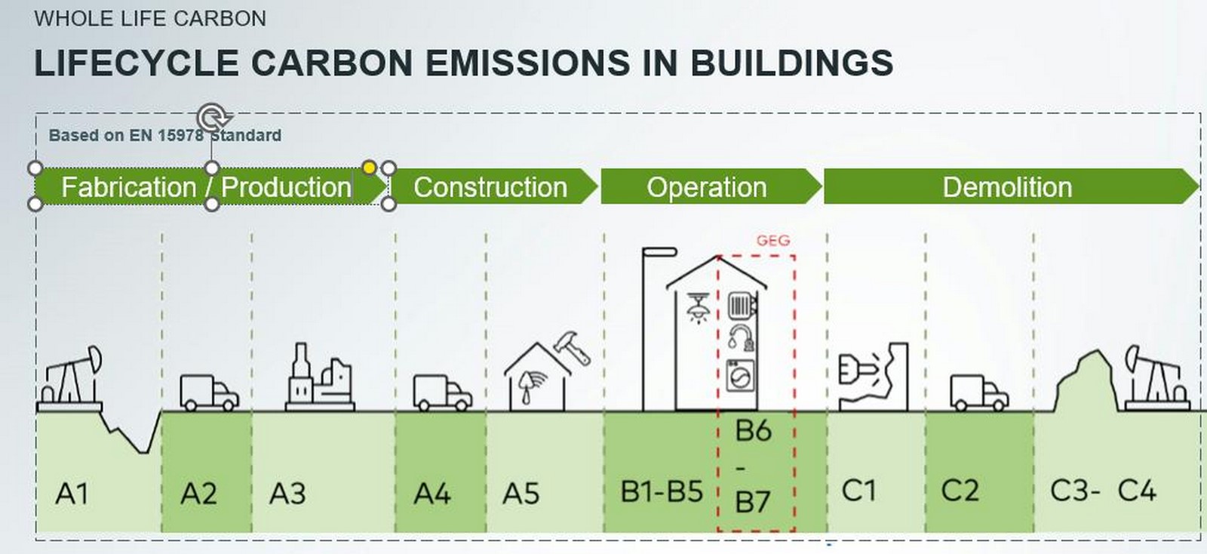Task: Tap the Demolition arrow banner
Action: coord(1012,186)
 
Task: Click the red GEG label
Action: coord(773,240)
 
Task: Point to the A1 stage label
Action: coord(72,493)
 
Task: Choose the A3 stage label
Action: coord(287,493)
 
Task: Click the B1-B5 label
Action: coord(662,491)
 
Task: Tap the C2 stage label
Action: coord(960,491)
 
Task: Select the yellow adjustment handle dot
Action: coord(369,168)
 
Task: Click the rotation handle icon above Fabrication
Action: coord(213,116)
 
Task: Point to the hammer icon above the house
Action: coord(573,348)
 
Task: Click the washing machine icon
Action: coord(740,375)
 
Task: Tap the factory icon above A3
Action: coord(320,377)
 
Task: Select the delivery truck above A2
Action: coord(209,392)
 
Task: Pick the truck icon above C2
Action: coord(979,392)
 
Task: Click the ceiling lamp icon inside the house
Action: coord(698,308)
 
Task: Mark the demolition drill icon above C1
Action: coord(873,377)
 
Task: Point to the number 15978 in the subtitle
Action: coord(180,135)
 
